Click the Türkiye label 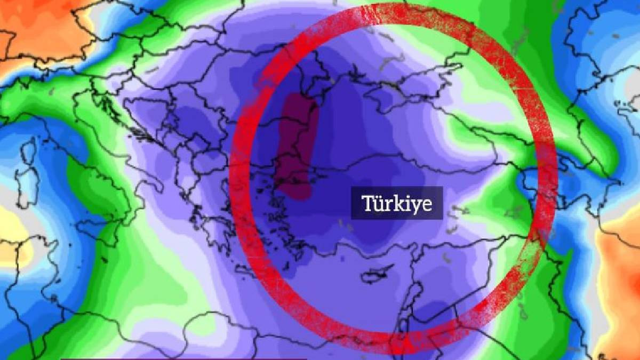(x=397, y=203)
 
